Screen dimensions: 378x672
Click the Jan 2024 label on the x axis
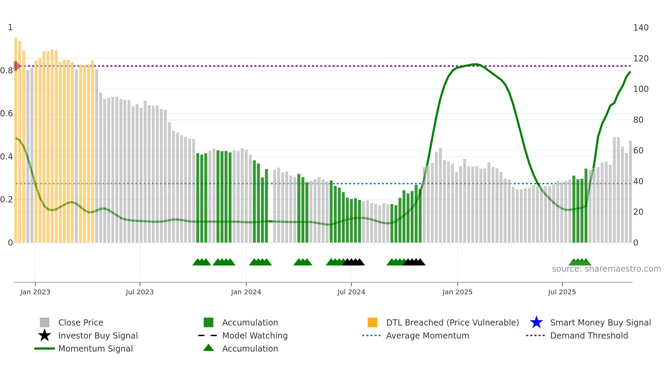246,292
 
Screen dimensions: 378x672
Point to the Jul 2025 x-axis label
562,292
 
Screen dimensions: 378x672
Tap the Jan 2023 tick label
35,292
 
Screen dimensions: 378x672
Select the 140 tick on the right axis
640,28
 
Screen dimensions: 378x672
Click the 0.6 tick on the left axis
7,114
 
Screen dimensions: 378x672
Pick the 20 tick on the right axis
638,212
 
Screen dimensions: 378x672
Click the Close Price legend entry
81,322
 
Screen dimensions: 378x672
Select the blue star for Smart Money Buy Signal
536,322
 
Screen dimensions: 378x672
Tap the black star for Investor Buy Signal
45,335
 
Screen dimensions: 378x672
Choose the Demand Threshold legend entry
589,335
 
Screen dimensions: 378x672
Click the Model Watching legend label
255,335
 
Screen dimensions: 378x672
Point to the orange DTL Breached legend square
372,322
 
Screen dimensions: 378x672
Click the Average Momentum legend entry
427,335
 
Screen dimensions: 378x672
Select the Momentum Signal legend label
95,349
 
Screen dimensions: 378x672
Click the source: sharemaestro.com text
606,269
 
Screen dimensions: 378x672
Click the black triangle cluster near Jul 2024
353,262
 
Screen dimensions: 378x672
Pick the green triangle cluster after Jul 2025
580,262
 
